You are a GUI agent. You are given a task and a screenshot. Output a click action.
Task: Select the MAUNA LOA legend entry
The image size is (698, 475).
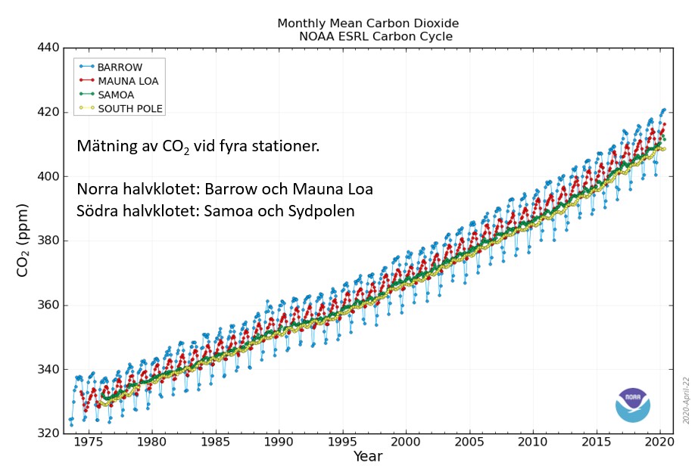[119, 81]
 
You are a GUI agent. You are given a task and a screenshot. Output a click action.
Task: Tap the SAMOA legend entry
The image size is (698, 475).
[107, 95]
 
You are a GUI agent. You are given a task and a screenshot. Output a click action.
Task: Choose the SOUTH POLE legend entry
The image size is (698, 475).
[120, 108]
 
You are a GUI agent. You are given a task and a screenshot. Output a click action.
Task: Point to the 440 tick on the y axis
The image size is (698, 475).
[48, 48]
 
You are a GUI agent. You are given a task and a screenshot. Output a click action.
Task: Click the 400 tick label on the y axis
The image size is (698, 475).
[48, 176]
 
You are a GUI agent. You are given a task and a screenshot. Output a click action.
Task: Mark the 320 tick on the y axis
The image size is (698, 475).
[48, 433]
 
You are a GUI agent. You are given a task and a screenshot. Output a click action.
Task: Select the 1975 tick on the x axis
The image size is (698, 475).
[89, 442]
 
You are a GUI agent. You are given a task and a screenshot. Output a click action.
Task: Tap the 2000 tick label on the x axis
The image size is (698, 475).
[406, 442]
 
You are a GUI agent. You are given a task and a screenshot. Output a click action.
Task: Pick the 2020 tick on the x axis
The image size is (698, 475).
[659, 442]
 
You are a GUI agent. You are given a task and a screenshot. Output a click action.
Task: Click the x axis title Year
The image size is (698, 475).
[368, 456]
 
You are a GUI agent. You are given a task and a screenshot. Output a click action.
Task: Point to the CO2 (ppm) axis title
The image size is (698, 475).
[22, 241]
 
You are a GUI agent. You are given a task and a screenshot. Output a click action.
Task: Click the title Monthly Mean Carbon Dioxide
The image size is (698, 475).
[368, 23]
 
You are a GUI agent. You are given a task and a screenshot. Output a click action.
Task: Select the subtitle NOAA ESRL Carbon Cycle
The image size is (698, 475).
[375, 36]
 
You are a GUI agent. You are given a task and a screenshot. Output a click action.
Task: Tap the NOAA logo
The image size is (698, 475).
[633, 405]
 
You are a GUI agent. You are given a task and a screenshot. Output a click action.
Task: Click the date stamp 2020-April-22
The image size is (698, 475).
[686, 400]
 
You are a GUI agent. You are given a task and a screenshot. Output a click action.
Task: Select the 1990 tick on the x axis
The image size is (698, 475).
[279, 442]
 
